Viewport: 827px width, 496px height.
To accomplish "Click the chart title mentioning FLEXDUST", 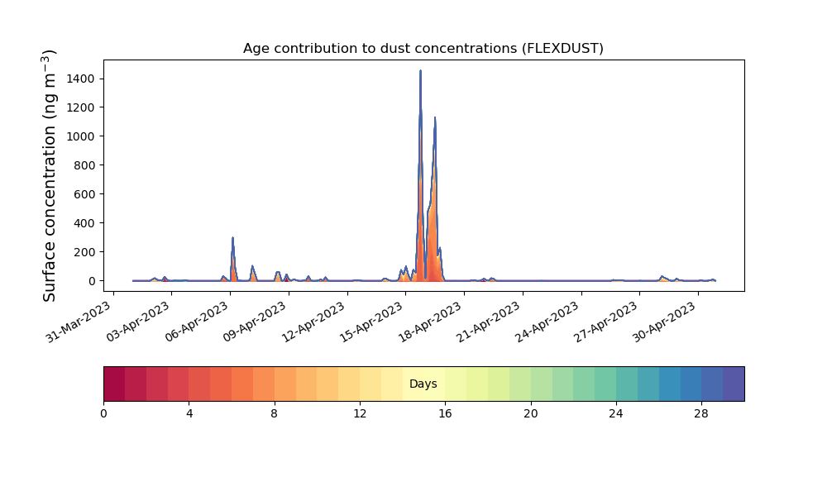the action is coord(423,49).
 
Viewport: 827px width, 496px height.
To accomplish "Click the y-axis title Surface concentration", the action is coord(49,175).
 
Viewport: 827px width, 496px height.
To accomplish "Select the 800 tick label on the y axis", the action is coord(84,165).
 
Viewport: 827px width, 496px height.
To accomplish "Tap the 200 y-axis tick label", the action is coord(84,252).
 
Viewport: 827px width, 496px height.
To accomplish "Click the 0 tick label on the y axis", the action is coord(92,281).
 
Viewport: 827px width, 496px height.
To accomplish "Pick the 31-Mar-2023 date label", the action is coord(79,322).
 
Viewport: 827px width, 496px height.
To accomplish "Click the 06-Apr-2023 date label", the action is coord(196,322).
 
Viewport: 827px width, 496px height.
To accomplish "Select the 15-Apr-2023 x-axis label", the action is coord(371,322).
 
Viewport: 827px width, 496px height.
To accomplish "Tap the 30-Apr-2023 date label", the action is coord(664,322).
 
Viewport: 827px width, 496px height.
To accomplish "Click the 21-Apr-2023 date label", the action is coord(489,322).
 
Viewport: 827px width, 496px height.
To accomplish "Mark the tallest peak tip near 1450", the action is coord(420,70).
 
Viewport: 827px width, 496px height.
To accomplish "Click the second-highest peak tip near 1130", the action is coord(435,117).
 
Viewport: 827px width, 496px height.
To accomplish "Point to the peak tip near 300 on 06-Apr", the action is coord(232,238).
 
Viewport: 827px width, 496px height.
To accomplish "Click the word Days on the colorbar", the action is coord(423,384).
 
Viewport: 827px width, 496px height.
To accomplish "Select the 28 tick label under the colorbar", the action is coord(701,414).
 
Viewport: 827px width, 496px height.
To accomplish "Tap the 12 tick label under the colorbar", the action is coord(360,414).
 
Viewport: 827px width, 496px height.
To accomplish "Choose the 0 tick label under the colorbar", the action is coord(103,414).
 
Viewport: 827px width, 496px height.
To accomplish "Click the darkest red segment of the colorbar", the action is coord(114,384).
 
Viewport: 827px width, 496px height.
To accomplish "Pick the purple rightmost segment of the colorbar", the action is coord(734,384).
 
